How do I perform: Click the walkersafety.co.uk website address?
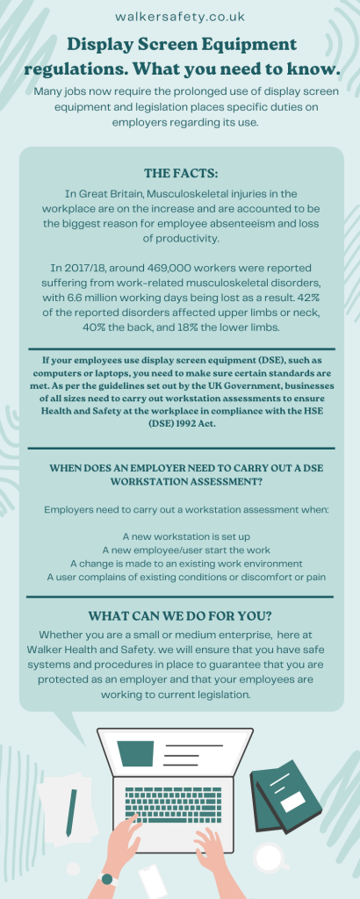[x=180, y=16]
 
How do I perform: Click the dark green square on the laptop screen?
[x=136, y=752]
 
